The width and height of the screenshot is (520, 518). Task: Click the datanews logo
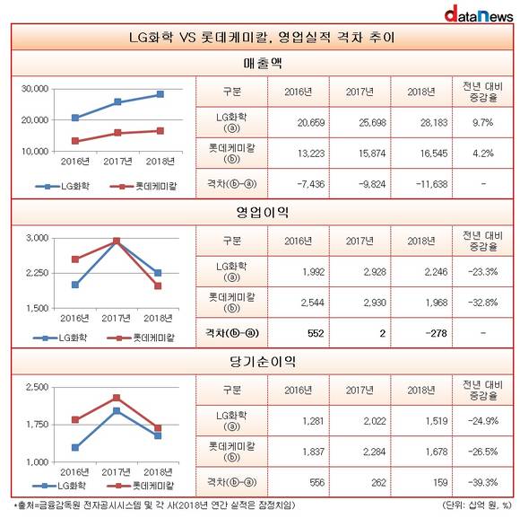479,14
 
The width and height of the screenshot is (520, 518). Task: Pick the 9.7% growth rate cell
483,122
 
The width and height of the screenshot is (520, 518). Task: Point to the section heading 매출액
263,63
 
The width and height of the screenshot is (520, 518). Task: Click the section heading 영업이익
263,212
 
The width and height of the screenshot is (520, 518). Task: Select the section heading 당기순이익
263,361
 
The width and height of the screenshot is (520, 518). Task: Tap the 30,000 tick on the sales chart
35,89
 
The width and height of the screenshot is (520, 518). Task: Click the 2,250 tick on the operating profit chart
37,273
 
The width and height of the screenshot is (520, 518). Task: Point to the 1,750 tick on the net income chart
37,425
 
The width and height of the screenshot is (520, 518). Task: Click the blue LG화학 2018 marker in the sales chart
160,94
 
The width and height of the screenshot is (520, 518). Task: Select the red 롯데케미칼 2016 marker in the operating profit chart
75,259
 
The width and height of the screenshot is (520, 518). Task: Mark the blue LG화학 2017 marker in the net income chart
117,411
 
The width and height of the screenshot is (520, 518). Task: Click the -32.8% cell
483,303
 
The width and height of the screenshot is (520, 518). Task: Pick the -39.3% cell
483,482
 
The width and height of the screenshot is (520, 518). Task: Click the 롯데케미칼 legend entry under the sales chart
143,186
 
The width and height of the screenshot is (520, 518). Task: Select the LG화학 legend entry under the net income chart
59,486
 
